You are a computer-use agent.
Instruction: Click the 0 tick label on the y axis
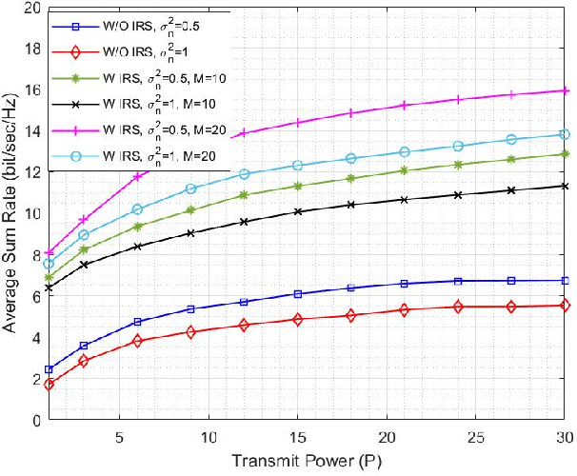click(x=35, y=420)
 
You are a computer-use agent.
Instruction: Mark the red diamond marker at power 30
click(x=566, y=305)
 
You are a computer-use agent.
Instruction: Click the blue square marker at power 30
click(x=566, y=281)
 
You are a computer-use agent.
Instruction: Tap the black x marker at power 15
click(x=298, y=211)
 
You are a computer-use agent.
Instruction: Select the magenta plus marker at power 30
click(x=566, y=90)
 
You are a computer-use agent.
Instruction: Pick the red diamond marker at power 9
click(x=191, y=332)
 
